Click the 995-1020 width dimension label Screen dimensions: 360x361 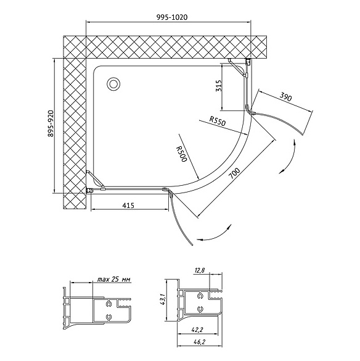[x=172, y=17]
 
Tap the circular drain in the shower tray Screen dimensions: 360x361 [x=113, y=84]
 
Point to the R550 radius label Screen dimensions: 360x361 [x=218, y=121]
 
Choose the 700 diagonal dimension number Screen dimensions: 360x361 [x=235, y=173]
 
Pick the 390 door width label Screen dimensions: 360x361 [x=286, y=97]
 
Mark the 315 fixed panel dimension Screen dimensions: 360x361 [x=219, y=85]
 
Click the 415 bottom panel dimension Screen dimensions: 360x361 [x=128, y=205]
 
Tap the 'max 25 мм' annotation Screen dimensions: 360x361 [x=113, y=280]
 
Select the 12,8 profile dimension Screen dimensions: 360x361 [x=200, y=270]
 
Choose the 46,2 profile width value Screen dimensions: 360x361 [x=199, y=342]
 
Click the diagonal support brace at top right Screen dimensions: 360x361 [x=237, y=67]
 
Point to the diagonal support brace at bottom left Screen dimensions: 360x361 [x=95, y=180]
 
